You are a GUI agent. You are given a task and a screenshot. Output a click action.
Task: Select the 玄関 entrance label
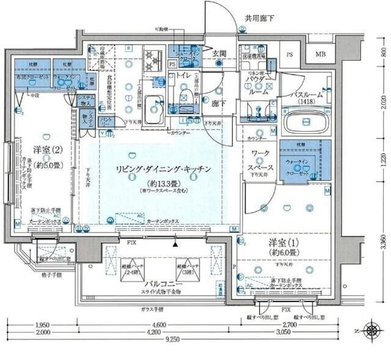tap(219, 54)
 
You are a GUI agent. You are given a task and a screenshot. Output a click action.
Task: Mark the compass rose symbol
tap(371, 331)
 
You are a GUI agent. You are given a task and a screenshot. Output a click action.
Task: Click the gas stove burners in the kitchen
tap(152, 61)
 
